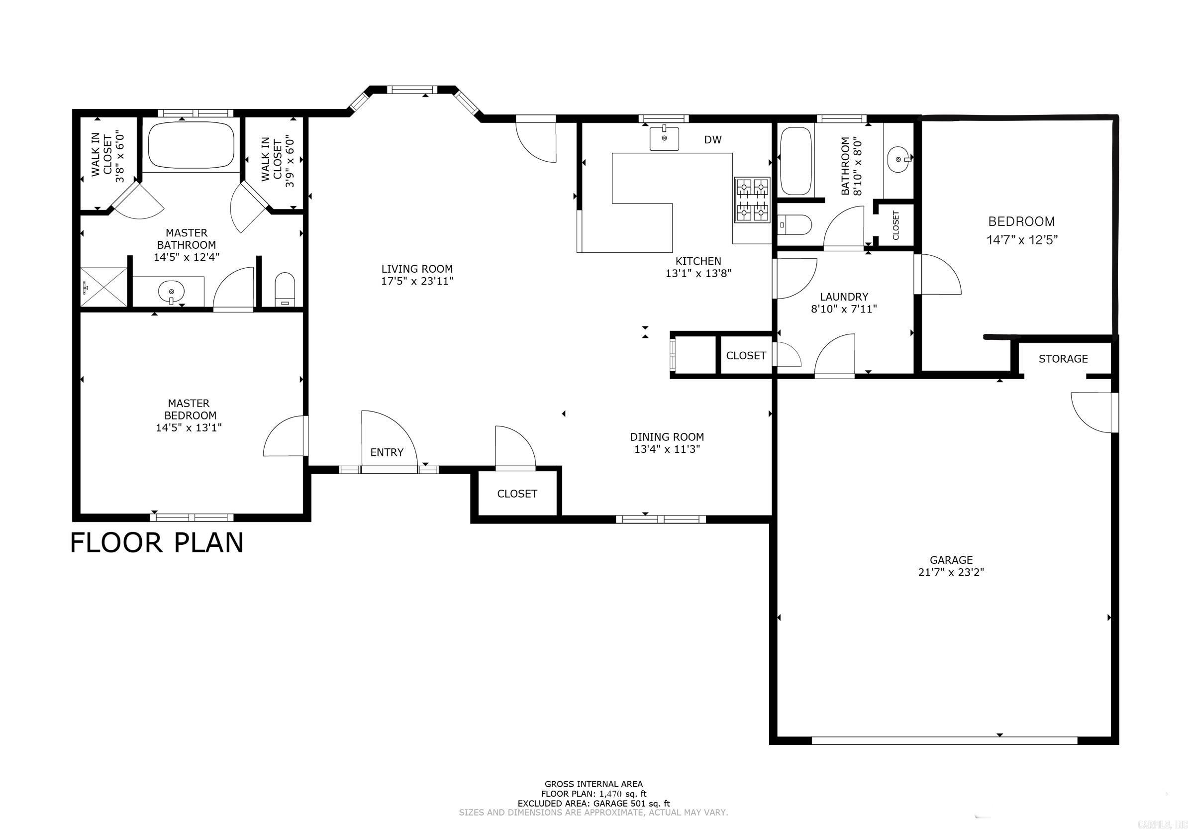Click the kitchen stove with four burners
[752, 200]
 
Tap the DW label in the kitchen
[712, 140]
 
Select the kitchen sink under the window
[664, 139]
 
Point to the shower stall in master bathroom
[104, 287]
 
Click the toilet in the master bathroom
[285, 289]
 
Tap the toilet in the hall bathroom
[795, 224]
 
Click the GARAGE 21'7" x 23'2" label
[951, 566]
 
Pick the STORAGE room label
[1063, 359]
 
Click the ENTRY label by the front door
[387, 452]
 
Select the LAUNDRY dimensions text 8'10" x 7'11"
[843, 309]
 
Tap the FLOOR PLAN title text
[156, 543]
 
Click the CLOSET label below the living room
[517, 494]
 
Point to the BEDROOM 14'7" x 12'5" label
[1021, 230]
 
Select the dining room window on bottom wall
[661, 519]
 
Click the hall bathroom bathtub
[795, 160]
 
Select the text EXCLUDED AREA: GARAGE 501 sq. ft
[594, 803]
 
